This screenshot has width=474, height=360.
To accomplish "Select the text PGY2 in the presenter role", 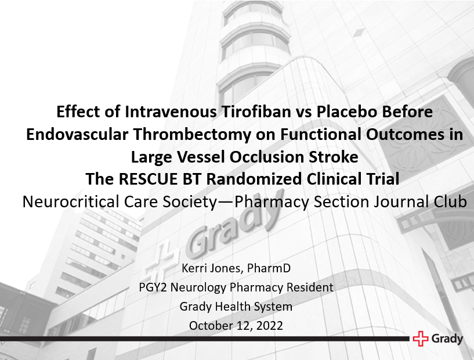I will [x=153, y=287].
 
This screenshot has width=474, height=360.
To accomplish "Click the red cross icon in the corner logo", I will [x=420, y=339].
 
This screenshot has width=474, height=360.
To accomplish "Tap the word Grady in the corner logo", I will [x=447, y=339].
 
